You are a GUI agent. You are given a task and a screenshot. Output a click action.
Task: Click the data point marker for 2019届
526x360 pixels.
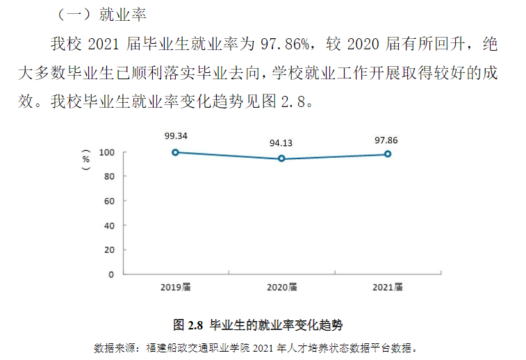point(176,152)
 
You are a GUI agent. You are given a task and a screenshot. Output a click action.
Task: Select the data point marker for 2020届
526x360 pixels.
point(281,158)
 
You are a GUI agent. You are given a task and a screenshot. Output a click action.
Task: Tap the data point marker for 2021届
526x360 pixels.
point(387,154)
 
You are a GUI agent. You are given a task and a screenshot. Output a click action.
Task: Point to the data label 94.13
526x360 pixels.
point(281,143)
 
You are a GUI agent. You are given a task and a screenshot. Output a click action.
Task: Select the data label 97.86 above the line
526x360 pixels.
point(386,140)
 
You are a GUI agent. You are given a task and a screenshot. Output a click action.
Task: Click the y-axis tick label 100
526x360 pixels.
point(106,152)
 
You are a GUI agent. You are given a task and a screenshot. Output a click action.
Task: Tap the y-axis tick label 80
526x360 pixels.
point(109,177)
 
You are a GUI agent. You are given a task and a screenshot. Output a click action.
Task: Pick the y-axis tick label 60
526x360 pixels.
point(109,201)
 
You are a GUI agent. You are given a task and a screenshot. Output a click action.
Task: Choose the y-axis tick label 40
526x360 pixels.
point(109,225)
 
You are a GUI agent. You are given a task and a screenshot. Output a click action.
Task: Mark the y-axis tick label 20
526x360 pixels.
point(109,249)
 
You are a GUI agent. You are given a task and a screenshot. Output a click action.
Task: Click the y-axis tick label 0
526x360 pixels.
point(111,274)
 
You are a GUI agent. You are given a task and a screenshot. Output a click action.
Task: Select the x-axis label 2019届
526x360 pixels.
point(176,287)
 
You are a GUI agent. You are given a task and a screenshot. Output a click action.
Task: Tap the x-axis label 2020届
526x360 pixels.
point(281,287)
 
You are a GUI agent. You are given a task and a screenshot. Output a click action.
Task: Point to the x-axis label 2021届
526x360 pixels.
point(387,287)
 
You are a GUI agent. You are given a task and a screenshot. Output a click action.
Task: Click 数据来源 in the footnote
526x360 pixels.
point(109,347)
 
